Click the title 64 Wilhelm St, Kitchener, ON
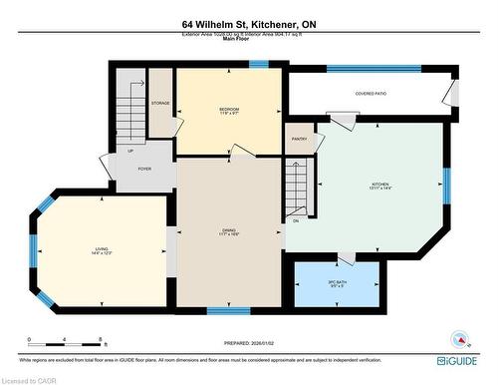click(x=249, y=24)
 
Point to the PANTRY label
click(x=300, y=140)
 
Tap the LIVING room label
click(x=102, y=250)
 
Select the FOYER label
click(x=143, y=170)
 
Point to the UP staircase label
click(x=130, y=151)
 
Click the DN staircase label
click(x=295, y=220)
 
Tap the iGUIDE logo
click(x=459, y=353)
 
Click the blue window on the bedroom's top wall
click(x=258, y=65)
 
